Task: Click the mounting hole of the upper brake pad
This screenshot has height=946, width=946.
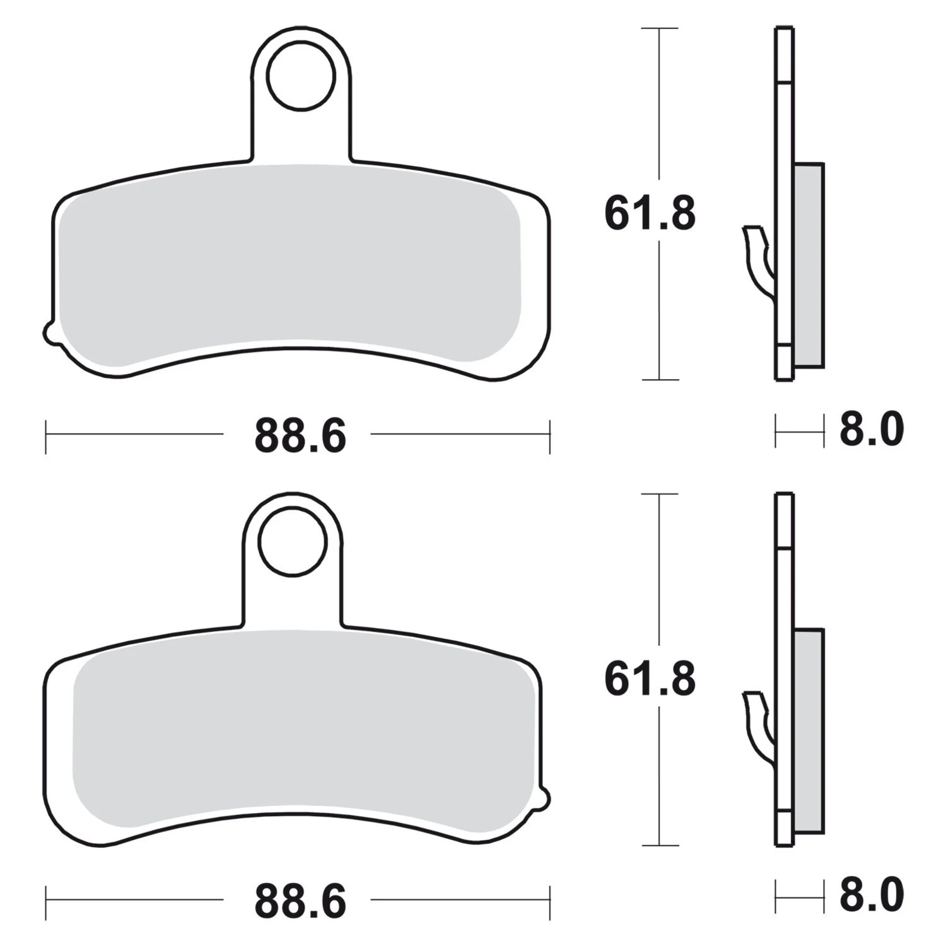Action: tap(300, 77)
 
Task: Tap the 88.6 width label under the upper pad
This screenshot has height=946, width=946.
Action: tap(300, 436)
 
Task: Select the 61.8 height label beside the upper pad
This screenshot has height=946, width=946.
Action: tap(650, 214)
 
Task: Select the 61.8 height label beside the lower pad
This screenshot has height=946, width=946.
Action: tap(650, 679)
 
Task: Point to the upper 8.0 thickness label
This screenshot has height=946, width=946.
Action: tap(871, 429)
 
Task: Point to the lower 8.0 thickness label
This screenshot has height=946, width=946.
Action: tap(871, 894)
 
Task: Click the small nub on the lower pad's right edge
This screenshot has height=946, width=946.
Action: tap(544, 798)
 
